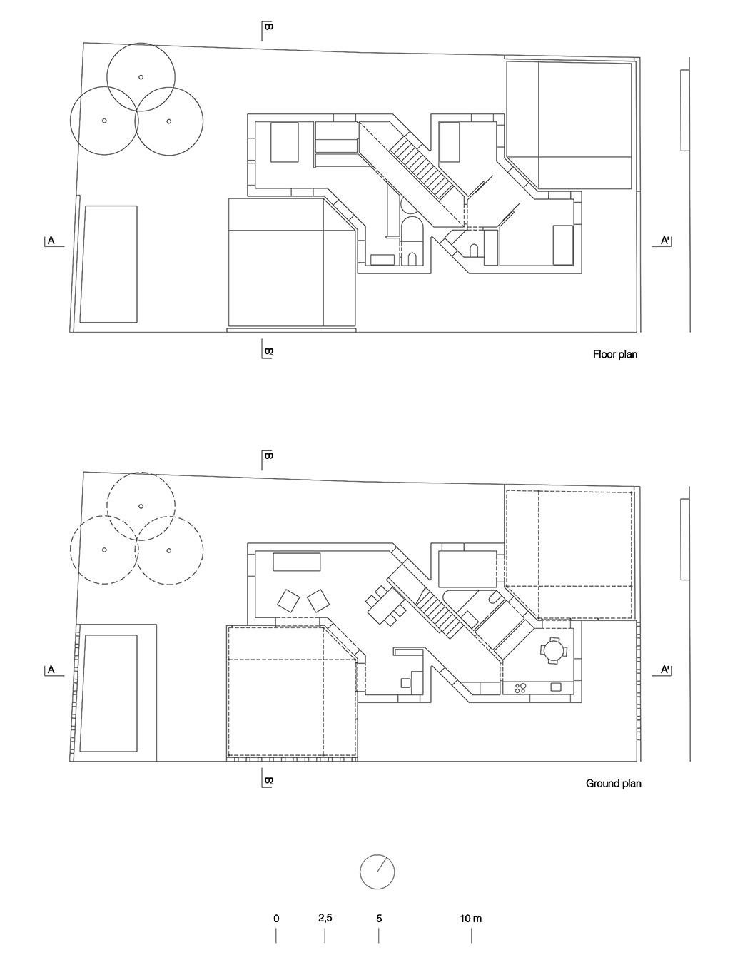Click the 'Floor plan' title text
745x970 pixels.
click(x=614, y=355)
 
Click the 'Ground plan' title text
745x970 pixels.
click(x=614, y=784)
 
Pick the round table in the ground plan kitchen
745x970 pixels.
click(x=553, y=650)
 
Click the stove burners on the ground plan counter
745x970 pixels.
click(x=520, y=688)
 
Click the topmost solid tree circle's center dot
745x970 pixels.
click(x=141, y=77)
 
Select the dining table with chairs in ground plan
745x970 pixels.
click(x=386, y=606)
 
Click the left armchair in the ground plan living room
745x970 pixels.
click(x=288, y=600)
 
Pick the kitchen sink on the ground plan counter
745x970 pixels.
click(x=556, y=687)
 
